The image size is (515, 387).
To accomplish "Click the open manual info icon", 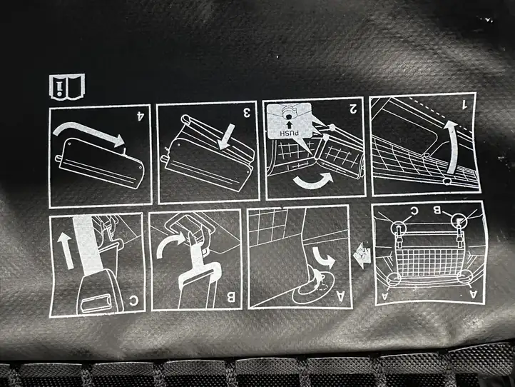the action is tap(67, 86).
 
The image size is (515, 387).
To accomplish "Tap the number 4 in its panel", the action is tap(141, 116).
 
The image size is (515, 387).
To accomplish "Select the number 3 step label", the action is tap(247, 113).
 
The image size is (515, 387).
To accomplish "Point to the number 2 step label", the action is tap(353, 108).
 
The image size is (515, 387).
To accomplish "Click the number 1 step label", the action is tap(464, 104).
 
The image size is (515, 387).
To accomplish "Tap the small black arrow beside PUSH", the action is tap(289, 125).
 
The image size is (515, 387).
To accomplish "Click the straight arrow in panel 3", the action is tap(228, 136).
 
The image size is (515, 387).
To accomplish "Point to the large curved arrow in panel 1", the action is tap(453, 146).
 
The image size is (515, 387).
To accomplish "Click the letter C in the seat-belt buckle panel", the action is tap(133, 300).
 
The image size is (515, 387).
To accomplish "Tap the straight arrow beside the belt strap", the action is tap(66, 250).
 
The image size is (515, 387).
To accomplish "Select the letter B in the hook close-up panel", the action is tap(231, 298).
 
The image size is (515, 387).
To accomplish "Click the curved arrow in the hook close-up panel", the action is tap(170, 245).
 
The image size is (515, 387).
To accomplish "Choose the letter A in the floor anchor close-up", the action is tap(342, 296).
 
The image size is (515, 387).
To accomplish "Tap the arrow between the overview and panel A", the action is tap(362, 255).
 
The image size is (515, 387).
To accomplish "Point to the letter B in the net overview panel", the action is tap(437, 210).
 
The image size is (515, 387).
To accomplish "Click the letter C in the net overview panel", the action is tap(414, 211).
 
